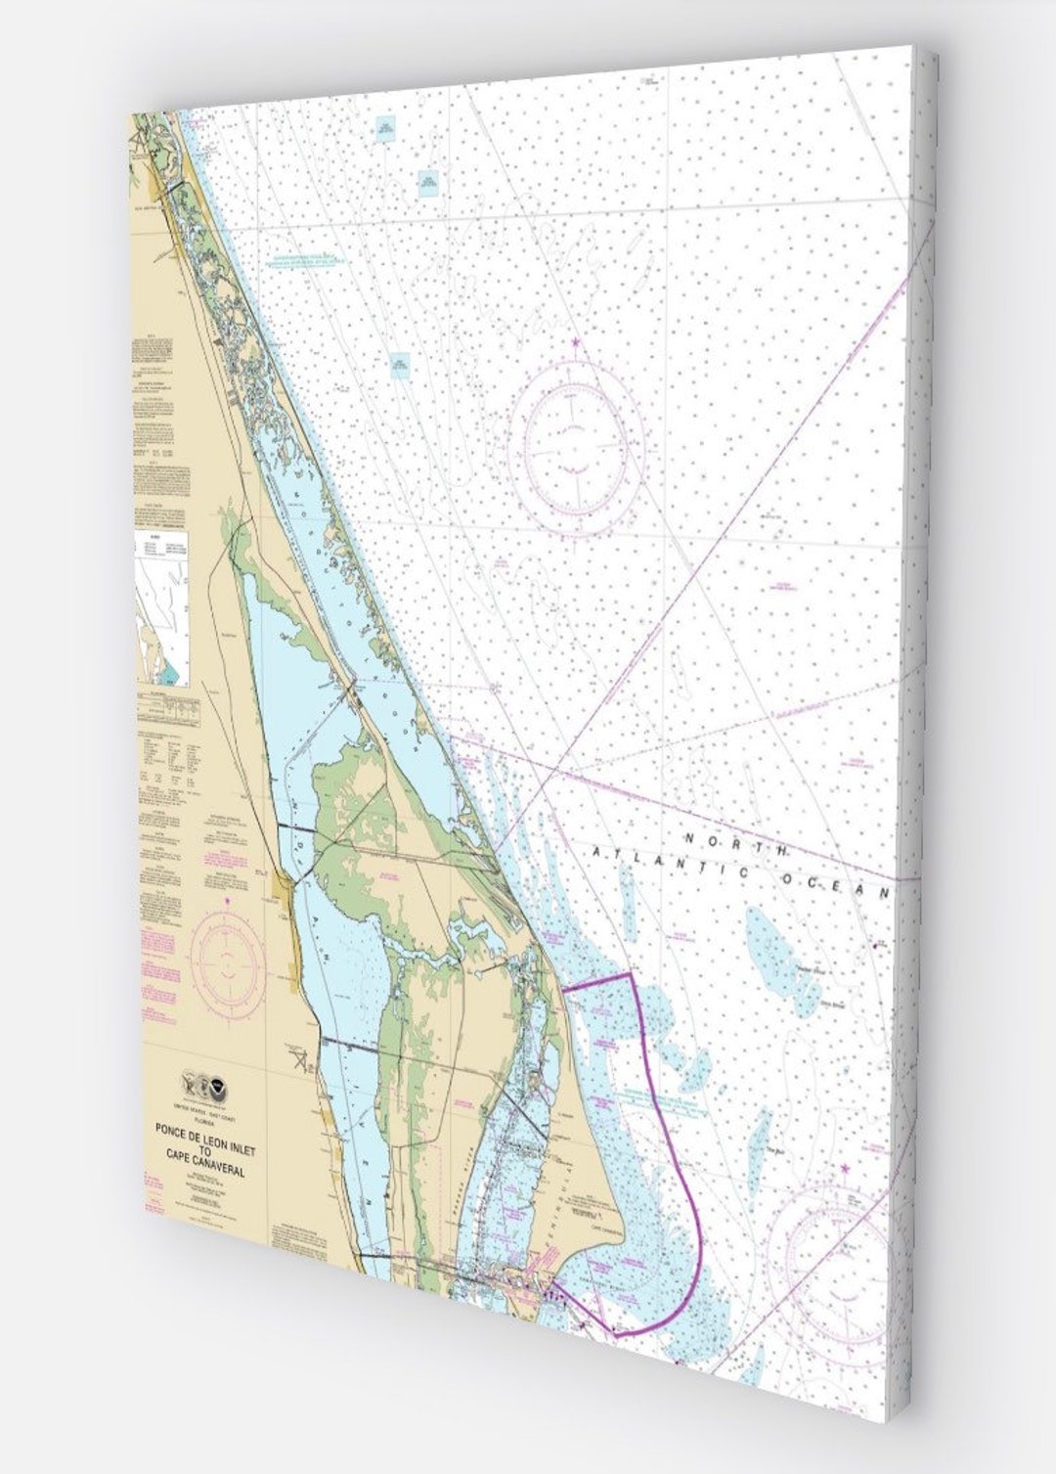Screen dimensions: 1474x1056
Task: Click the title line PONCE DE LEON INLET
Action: tap(203, 1130)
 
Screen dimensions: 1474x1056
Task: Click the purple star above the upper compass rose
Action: tap(575, 341)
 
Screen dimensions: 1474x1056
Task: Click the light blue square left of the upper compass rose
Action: tap(399, 365)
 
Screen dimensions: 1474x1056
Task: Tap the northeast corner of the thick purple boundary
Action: tap(631, 974)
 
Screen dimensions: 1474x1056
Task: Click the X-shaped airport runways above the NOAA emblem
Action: tap(298, 1057)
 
